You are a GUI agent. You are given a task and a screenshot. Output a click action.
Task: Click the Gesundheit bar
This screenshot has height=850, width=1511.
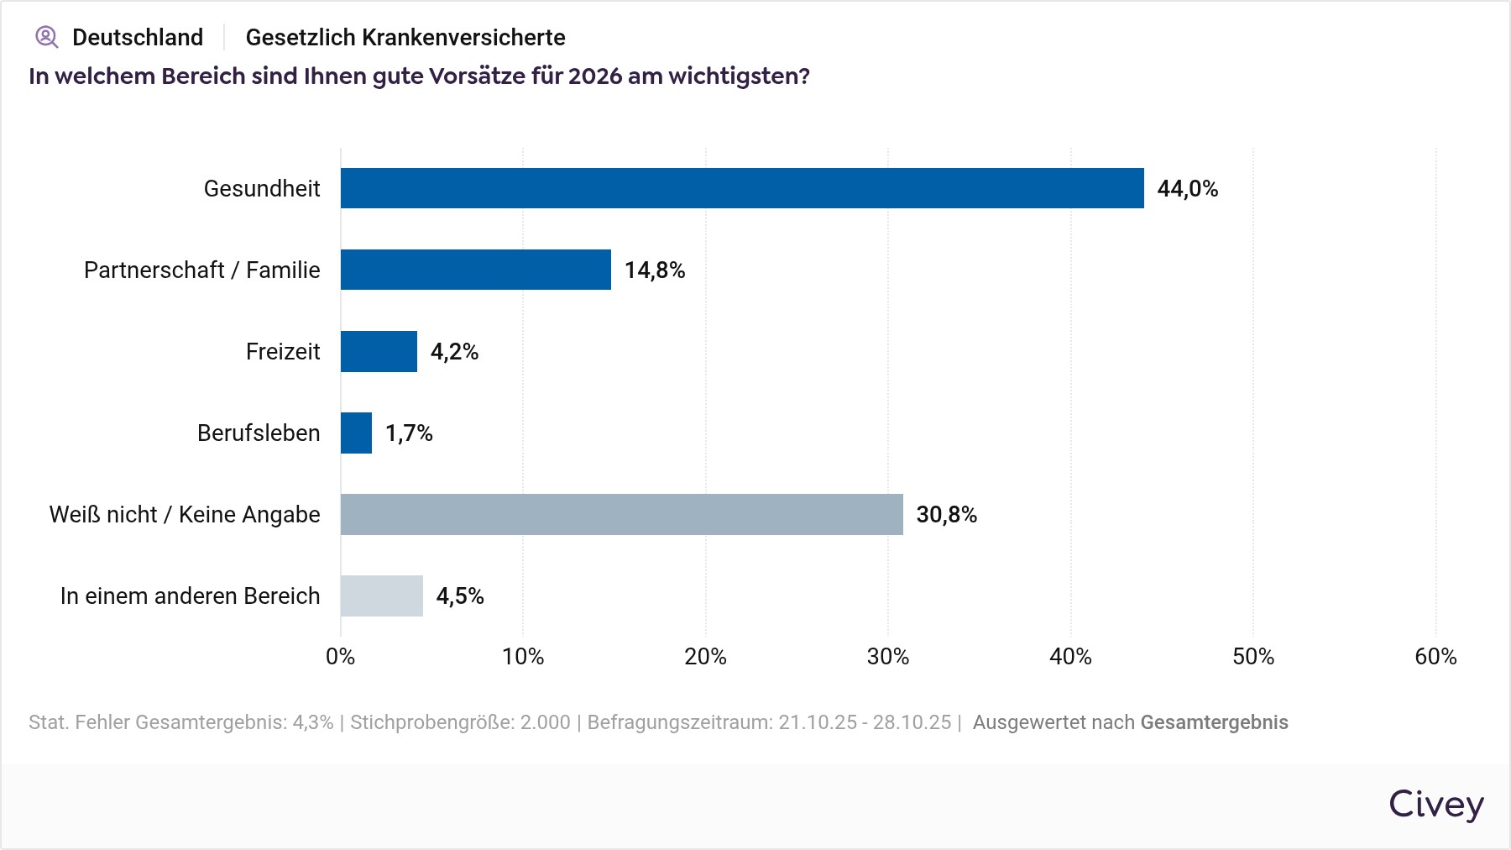pyautogui.click(x=742, y=188)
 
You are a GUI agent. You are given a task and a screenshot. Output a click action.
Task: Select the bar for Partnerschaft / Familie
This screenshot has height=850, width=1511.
pyautogui.click(x=476, y=270)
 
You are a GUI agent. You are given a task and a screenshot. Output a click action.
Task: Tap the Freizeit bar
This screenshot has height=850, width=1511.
pyautogui.click(x=379, y=351)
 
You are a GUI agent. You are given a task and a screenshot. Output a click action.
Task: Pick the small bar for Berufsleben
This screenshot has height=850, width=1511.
pyautogui.click(x=356, y=433)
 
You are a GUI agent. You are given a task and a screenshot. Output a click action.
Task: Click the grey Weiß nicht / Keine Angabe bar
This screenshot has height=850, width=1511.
pyautogui.click(x=621, y=514)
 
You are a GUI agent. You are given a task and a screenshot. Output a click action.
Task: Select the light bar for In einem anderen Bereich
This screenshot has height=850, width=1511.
pyautogui.click(x=382, y=596)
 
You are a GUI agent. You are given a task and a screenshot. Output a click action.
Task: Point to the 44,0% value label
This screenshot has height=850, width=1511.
pyautogui.click(x=1187, y=188)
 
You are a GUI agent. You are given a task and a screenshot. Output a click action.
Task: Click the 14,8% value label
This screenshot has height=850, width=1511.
pyautogui.click(x=655, y=270)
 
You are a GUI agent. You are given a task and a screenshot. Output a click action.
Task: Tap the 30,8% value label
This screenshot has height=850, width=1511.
pyautogui.click(x=946, y=514)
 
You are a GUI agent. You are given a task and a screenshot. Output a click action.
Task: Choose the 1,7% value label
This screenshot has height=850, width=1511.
pyautogui.click(x=409, y=433)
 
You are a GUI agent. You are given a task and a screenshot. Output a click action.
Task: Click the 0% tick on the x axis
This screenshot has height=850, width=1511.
pyautogui.click(x=341, y=656)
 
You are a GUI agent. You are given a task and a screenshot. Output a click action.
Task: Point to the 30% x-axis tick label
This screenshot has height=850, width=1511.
pyautogui.click(x=888, y=656)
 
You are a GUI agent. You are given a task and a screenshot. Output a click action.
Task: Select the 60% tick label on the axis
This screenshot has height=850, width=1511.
pyautogui.click(x=1435, y=656)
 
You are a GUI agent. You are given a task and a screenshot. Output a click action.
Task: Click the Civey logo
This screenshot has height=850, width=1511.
pyautogui.click(x=1435, y=804)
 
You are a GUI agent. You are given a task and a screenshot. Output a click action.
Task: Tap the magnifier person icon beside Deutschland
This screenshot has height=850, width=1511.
pyautogui.click(x=46, y=37)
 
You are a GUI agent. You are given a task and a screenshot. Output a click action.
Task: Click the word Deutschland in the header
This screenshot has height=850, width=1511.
pyautogui.click(x=138, y=37)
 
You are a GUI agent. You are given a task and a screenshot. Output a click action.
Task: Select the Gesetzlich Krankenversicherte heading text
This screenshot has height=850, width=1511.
pyautogui.click(x=405, y=37)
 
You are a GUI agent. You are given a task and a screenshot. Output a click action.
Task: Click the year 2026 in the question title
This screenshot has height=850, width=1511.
pyautogui.click(x=595, y=76)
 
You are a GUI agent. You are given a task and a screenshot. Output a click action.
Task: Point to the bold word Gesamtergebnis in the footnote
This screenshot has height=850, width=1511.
pyautogui.click(x=1214, y=722)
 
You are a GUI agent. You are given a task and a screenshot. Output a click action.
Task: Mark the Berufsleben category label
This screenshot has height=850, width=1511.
pyautogui.click(x=259, y=433)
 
